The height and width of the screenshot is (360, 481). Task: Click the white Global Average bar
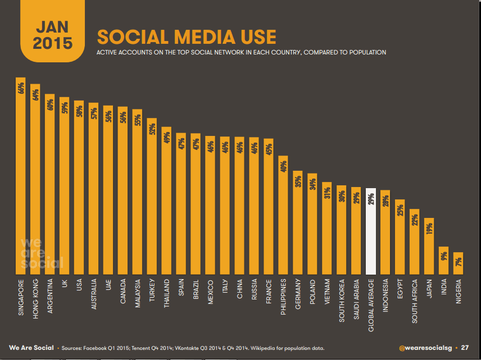pyautogui.click(x=371, y=231)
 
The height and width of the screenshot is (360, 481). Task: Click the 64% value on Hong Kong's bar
pyautogui.click(x=35, y=94)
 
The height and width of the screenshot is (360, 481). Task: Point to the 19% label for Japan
pyautogui.click(x=429, y=228)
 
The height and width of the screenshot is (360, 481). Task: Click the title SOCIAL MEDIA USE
pyautogui.click(x=187, y=37)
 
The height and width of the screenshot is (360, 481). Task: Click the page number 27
pyautogui.click(x=465, y=348)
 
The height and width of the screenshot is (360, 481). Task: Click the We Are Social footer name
pyautogui.click(x=31, y=348)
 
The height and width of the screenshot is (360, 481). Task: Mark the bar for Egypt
pyautogui.click(x=400, y=236)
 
